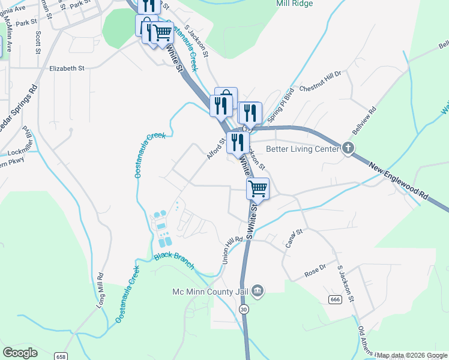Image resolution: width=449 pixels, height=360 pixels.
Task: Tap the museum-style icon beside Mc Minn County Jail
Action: (258, 291)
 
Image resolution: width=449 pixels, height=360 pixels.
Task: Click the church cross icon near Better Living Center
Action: (348, 148)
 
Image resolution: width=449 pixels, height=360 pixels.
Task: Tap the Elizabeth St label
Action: (67, 68)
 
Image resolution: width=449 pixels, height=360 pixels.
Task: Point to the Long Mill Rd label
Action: (101, 290)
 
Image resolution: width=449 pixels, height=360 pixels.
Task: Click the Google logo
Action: (20, 353)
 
